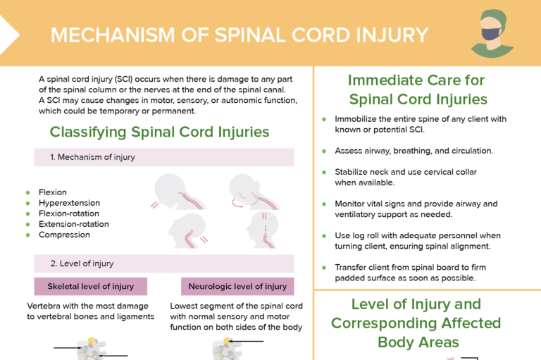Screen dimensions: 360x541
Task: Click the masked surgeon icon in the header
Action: tap(492, 33)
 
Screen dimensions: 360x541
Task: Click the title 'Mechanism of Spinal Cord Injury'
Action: tap(240, 35)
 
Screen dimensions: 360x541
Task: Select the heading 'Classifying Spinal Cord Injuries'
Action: tap(159, 132)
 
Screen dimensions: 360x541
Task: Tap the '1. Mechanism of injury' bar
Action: tap(164, 157)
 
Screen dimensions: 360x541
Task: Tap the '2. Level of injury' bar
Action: tap(164, 263)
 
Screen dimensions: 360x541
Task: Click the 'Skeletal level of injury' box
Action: tap(90, 286)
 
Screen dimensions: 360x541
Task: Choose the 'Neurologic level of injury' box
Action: tap(237, 286)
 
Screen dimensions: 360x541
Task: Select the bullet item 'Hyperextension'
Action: tap(69, 203)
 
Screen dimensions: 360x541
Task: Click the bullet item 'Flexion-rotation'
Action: tap(69, 213)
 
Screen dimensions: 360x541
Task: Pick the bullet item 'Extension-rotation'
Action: tap(74, 224)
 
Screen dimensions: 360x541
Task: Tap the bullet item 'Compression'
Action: tap(64, 235)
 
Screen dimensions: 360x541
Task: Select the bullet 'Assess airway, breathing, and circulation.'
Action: tap(413, 151)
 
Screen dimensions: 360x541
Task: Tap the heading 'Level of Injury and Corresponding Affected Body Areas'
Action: tap(416, 323)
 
